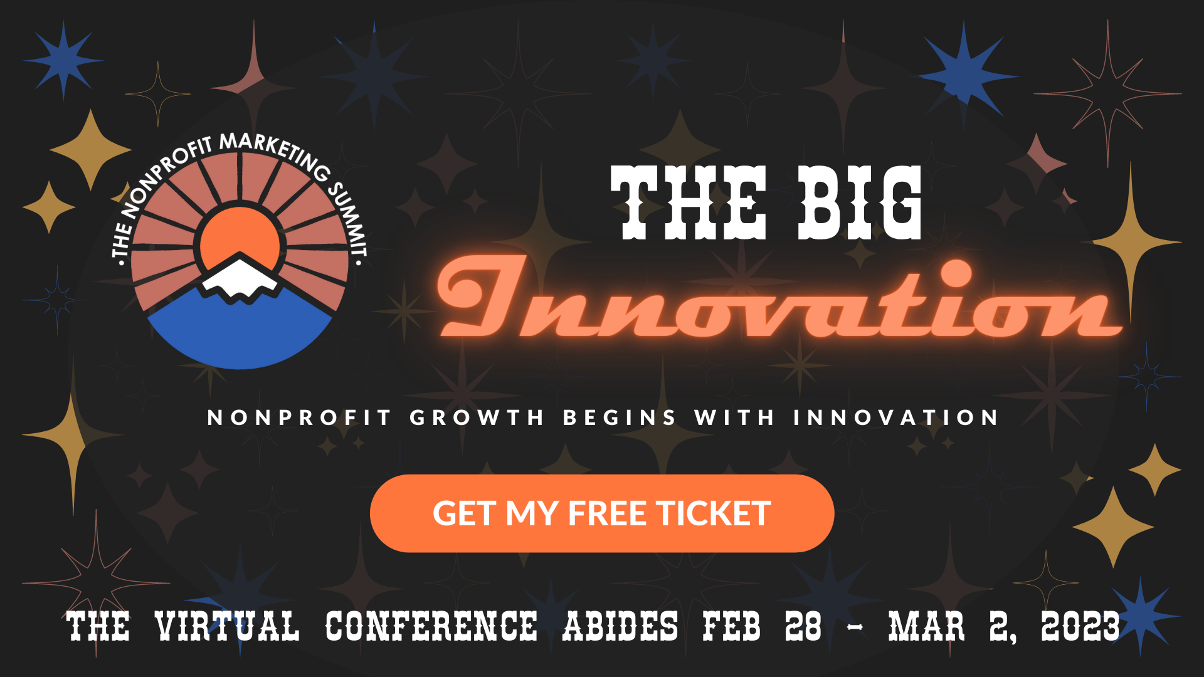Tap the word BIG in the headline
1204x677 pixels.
(x=860, y=203)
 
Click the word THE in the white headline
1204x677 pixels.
(x=689, y=203)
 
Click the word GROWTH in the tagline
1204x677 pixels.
(x=477, y=417)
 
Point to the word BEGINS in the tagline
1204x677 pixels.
(x=620, y=417)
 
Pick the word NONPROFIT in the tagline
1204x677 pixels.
(x=299, y=417)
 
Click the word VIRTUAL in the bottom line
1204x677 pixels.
(x=227, y=626)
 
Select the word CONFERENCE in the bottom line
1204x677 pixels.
(x=431, y=626)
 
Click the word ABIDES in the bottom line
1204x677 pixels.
(x=620, y=626)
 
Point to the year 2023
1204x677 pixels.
(x=1080, y=626)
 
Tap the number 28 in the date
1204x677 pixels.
(x=803, y=626)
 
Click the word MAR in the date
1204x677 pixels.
(x=926, y=626)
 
